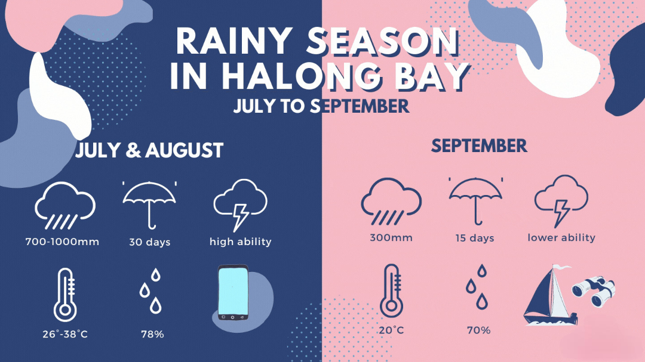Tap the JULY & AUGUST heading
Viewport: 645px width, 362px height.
[x=149, y=150]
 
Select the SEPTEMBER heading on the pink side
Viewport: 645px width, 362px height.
[x=479, y=146]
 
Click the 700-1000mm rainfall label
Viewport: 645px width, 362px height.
[x=62, y=242]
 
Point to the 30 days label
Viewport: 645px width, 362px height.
[x=150, y=242]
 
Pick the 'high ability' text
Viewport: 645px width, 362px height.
[x=241, y=242]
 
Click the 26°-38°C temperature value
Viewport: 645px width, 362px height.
[x=65, y=334]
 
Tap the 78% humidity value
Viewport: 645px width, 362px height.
[x=153, y=335]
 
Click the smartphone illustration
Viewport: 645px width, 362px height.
[x=234, y=292]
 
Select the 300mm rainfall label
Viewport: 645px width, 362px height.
[x=391, y=237]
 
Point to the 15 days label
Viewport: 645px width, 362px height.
[x=475, y=238]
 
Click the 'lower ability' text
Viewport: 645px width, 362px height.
[x=561, y=237]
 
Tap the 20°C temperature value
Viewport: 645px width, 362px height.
[x=391, y=330]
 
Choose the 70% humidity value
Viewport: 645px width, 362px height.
[x=479, y=330]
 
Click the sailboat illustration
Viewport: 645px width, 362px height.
[x=549, y=296]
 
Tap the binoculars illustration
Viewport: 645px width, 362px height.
[x=594, y=291]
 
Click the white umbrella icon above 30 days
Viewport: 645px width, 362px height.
[x=149, y=204]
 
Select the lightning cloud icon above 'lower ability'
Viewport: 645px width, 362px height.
[x=561, y=200]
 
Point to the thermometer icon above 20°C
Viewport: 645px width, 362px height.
[x=392, y=291]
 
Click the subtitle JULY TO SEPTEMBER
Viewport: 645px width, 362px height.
[x=321, y=106]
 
